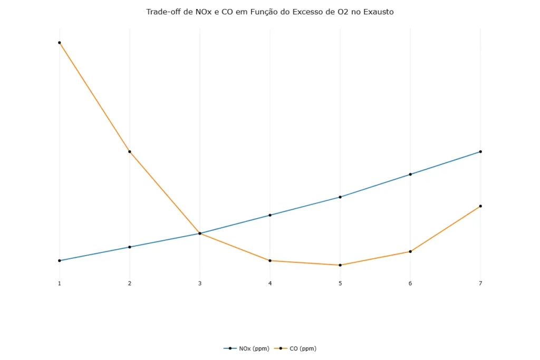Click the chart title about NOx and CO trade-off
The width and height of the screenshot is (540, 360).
tap(269, 12)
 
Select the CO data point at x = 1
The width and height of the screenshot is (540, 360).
tap(60, 43)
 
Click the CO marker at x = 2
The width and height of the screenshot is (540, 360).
tap(130, 152)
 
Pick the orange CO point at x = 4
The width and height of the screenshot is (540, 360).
tap(270, 260)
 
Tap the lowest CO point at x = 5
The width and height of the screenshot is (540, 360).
tap(340, 265)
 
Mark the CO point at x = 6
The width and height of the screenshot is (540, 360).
tap(410, 251)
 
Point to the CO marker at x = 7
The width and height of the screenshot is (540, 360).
tap(480, 206)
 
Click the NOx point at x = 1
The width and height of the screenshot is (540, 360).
tap(60, 260)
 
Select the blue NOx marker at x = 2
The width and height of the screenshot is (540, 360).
tap(130, 247)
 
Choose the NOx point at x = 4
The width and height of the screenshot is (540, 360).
tap(270, 215)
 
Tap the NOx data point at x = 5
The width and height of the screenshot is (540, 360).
tap(340, 197)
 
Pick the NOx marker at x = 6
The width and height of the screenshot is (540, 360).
tap(410, 174)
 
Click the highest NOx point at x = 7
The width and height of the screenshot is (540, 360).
tap(480, 152)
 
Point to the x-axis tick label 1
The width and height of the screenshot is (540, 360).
tap(60, 284)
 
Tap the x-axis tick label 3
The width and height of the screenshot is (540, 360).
tap(200, 284)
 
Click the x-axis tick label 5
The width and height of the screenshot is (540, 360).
tap(340, 284)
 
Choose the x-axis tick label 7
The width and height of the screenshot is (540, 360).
tap(480, 284)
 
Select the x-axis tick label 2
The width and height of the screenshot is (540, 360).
tap(130, 284)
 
